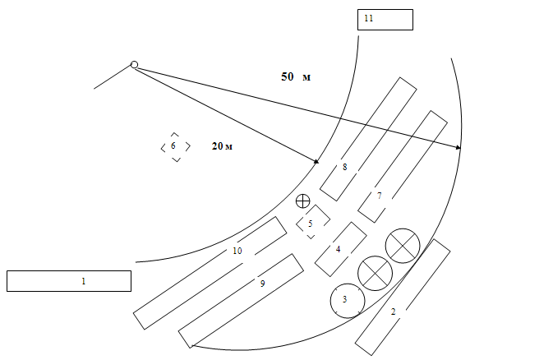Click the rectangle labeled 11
click(385, 20)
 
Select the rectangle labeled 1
click(69, 280)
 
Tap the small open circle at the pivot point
click(134, 66)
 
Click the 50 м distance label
click(296, 76)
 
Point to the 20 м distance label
click(222, 146)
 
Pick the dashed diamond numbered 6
click(174, 146)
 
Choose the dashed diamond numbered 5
click(311, 222)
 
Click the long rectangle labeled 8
click(367, 139)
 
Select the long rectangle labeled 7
click(403, 166)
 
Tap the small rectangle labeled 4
click(340, 248)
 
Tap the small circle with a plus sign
click(303, 200)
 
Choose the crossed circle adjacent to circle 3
click(374, 271)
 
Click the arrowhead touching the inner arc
click(316, 160)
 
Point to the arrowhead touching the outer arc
click(457, 147)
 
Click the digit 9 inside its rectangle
click(262, 284)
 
